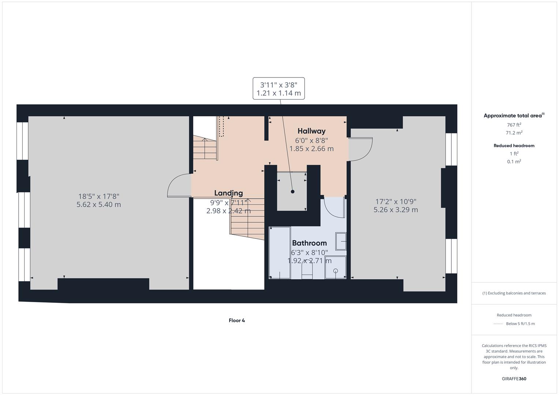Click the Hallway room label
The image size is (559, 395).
point(311,131)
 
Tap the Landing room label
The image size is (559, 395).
point(228,193)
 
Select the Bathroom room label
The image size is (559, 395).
point(309,243)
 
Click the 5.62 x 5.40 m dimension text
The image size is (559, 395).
point(98,204)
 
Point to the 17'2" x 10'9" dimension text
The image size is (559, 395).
point(396,202)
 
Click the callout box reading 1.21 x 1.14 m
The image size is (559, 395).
point(279,89)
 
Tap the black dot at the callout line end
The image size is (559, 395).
point(292,192)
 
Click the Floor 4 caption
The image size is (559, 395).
point(236,320)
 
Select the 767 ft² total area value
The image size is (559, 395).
point(514,125)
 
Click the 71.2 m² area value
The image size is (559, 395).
point(514,133)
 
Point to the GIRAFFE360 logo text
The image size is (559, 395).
point(514,379)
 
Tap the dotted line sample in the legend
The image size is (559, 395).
point(498,324)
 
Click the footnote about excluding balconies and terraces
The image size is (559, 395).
point(514,293)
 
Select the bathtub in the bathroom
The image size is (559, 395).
point(280,253)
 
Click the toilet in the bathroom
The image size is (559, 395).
point(307,271)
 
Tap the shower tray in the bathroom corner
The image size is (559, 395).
point(335,267)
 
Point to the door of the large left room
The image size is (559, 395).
point(178,186)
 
